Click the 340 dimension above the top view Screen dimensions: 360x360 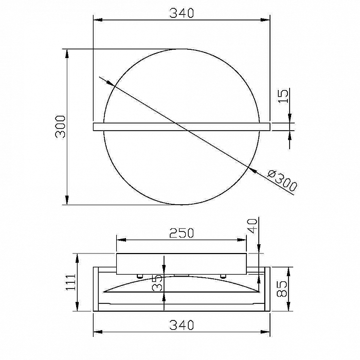182,13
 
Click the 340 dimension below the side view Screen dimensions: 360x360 182,325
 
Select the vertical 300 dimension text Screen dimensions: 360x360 61,127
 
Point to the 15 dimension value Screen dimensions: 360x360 284,96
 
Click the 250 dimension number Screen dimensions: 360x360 182,233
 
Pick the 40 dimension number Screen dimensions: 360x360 253,226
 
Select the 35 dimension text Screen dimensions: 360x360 157,283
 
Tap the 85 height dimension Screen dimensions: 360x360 282,289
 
